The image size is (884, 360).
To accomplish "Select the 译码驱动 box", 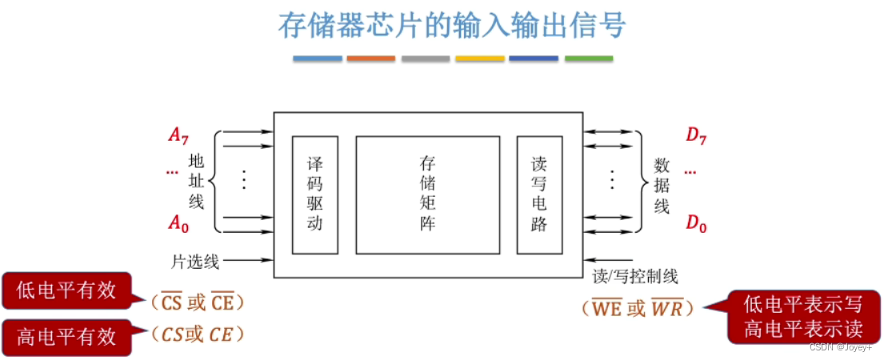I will [x=314, y=195].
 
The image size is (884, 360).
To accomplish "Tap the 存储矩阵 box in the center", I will [x=427, y=195].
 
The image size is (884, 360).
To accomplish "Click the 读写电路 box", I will [x=539, y=195].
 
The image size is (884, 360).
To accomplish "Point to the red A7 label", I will [x=178, y=135].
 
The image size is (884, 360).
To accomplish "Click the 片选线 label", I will [x=195, y=261].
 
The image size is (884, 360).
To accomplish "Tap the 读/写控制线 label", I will [x=635, y=277].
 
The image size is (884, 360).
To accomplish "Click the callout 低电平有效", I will [x=66, y=291].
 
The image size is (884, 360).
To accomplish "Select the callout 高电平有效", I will [x=66, y=335].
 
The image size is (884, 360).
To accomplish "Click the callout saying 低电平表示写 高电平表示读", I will [x=803, y=317].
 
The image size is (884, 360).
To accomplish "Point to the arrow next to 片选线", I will [x=248, y=260].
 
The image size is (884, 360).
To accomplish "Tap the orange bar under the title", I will [x=371, y=58].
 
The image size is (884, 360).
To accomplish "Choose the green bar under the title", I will [x=589, y=58].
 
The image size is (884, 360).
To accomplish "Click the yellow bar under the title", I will [x=480, y=58].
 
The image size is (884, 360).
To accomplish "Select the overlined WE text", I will [x=606, y=308].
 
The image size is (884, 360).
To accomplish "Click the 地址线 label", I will [x=197, y=181].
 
